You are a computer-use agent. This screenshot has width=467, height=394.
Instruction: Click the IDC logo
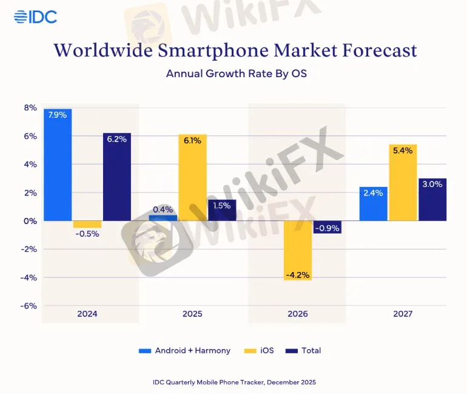click(x=35, y=17)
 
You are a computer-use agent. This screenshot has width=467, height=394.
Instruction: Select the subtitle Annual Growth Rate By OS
click(x=233, y=73)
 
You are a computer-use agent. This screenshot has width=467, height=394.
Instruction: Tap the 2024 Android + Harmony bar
click(x=58, y=164)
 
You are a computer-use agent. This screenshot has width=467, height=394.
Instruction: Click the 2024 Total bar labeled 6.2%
click(x=117, y=176)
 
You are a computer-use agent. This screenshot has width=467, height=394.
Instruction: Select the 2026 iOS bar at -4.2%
click(x=298, y=250)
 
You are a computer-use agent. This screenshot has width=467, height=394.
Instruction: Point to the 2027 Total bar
click(x=432, y=199)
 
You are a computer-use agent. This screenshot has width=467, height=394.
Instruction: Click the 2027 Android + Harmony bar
click(x=373, y=203)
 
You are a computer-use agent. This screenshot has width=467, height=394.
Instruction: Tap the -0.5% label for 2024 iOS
click(x=87, y=234)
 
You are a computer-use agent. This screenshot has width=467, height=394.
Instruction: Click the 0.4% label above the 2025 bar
click(x=163, y=209)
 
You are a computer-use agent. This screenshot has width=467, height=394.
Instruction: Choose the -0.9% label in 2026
click(x=328, y=228)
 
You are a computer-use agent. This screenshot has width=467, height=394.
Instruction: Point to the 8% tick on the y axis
click(x=30, y=108)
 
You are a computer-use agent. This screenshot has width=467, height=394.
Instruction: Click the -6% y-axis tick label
click(x=29, y=305)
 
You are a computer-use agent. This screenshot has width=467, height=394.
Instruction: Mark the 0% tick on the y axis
click(x=30, y=221)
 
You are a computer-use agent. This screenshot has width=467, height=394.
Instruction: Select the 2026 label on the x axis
click(x=298, y=314)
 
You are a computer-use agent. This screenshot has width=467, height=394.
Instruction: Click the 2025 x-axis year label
click(x=192, y=314)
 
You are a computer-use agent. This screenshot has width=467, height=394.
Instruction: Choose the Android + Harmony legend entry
click(x=186, y=350)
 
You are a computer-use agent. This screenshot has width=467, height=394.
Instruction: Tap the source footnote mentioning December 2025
click(x=234, y=382)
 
